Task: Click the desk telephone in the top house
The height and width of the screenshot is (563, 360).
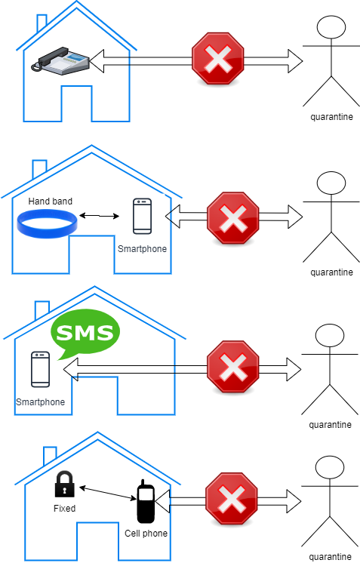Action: point(60,60)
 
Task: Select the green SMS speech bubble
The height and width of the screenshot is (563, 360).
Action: point(85,332)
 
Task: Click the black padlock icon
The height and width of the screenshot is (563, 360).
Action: point(65,484)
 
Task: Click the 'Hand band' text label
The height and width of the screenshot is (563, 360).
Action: point(51,201)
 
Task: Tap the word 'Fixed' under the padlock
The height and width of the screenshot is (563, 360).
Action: point(65,509)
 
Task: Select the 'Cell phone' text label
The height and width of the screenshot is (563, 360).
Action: point(146,534)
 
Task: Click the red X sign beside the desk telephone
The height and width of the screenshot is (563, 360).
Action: point(218,59)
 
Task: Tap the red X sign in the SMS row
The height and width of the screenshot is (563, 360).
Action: point(233,366)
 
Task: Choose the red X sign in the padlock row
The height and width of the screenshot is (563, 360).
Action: point(232,499)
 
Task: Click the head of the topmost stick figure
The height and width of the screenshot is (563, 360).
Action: point(331,27)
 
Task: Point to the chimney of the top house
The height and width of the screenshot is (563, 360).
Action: point(42,23)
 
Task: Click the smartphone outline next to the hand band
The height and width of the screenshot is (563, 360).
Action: point(142,216)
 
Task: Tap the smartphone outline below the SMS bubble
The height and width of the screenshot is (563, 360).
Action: point(41,369)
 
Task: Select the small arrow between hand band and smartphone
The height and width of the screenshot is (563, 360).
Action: point(99,216)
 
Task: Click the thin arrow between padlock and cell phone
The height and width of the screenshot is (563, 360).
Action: point(108,493)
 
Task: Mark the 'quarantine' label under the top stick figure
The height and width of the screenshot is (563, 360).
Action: point(331,117)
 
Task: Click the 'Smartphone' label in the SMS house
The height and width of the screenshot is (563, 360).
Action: point(41,401)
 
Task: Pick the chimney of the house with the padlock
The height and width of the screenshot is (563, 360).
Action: point(50,455)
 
